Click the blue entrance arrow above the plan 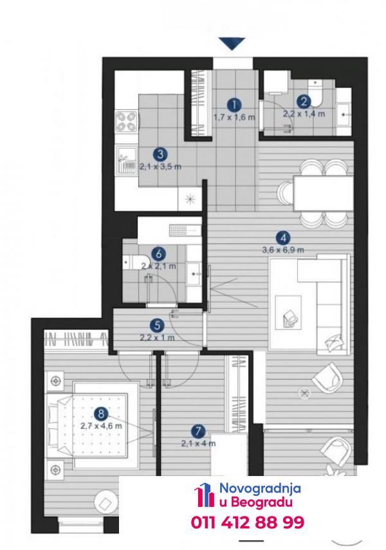(x=232, y=44)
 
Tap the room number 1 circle (x=234, y=104)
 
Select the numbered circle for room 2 (x=304, y=102)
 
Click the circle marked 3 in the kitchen (x=160, y=154)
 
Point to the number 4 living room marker (x=283, y=238)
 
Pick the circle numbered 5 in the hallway (x=157, y=325)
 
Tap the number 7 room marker (x=198, y=432)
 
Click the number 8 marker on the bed (x=102, y=414)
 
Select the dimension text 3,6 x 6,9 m (x=283, y=250)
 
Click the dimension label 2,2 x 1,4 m (x=304, y=114)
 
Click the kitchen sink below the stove (x=127, y=160)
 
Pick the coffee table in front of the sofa (x=288, y=313)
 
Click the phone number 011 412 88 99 (x=248, y=522)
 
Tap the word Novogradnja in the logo (x=260, y=488)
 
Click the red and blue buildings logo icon (x=204, y=495)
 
